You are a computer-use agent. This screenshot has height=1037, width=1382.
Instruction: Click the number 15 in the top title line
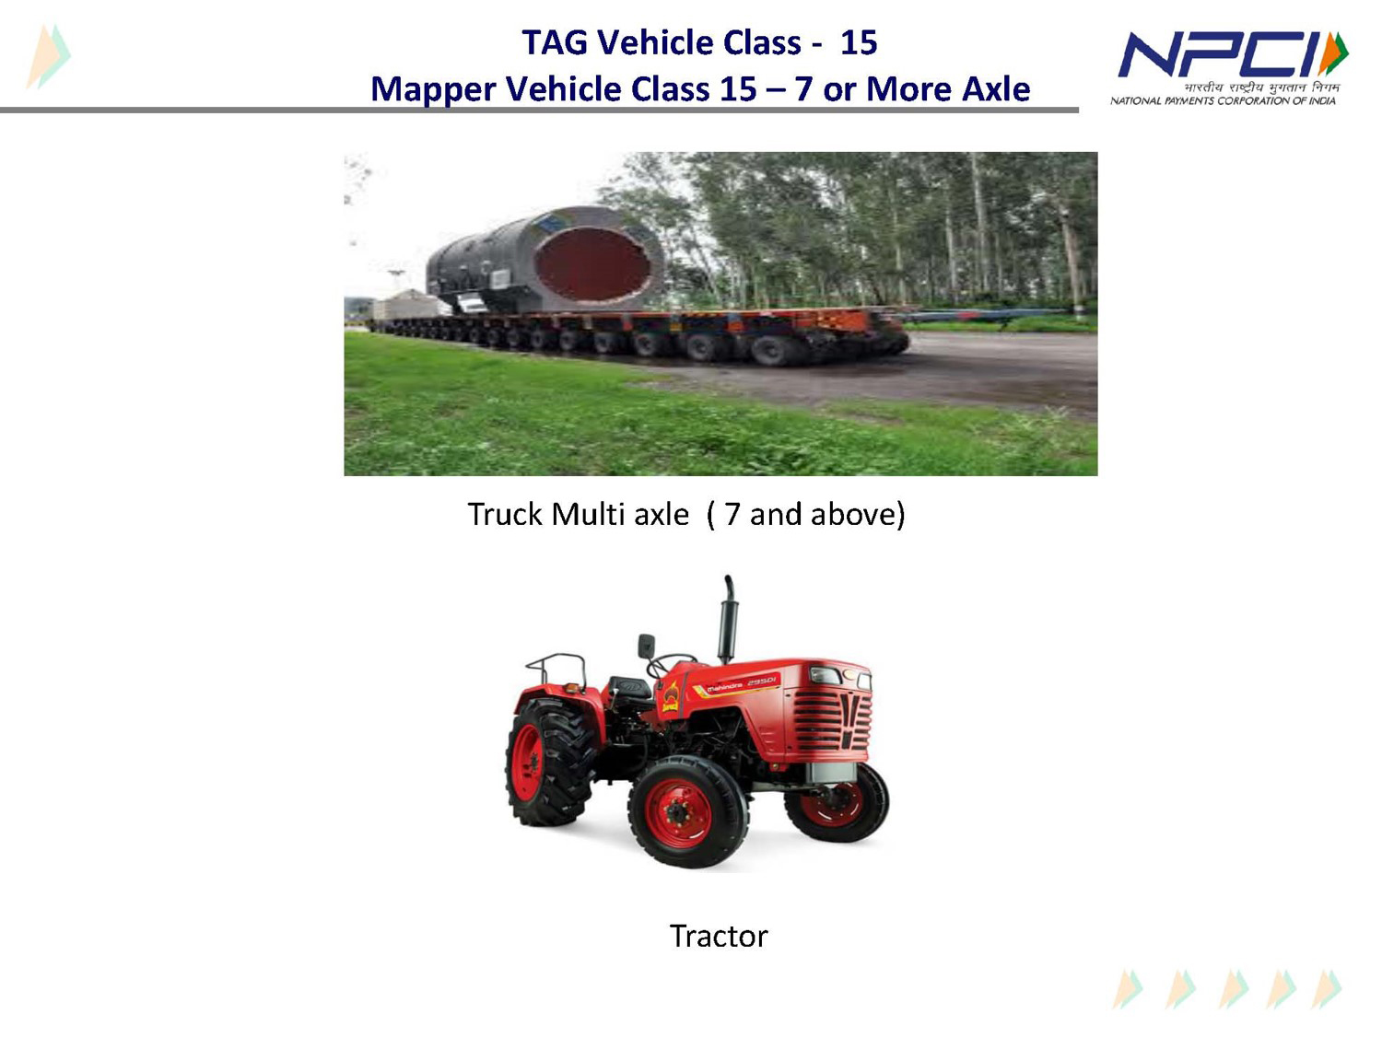859,42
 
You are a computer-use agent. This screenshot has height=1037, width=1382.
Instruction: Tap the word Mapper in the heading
433,90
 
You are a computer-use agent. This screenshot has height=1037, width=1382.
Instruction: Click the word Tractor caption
719,936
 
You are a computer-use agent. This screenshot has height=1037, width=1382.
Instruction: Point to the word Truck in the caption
505,514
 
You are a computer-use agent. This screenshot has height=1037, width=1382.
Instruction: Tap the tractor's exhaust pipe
728,620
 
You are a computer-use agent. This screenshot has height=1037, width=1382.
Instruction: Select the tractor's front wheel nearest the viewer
688,811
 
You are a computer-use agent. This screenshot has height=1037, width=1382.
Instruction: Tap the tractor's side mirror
646,646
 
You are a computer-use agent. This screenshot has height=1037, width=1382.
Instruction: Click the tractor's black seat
629,688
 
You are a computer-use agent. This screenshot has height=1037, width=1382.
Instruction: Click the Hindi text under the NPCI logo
1261,87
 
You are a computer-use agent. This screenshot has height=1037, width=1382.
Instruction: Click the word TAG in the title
555,42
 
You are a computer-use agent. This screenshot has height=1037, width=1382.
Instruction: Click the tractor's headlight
826,675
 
